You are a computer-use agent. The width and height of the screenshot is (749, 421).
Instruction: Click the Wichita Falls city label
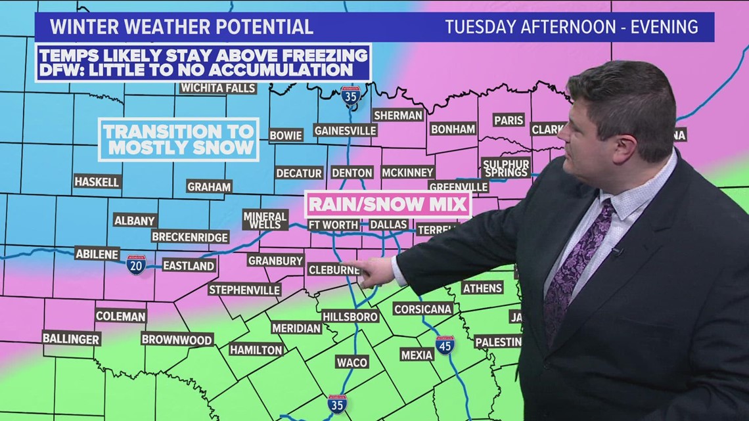click(x=218, y=88)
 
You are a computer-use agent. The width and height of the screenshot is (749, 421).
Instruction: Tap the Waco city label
click(x=352, y=362)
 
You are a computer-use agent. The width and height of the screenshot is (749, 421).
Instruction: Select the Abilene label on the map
click(x=97, y=253)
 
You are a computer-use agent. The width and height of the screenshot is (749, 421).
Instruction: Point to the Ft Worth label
click(x=334, y=225)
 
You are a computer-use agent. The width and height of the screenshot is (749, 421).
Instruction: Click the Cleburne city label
click(x=334, y=269)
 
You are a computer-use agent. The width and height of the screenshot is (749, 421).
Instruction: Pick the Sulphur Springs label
click(x=506, y=167)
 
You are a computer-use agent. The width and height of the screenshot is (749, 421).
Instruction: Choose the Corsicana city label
click(x=423, y=309)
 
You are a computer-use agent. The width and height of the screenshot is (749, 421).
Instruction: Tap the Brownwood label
click(x=177, y=340)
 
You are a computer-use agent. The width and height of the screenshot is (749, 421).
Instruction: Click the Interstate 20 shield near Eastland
click(x=136, y=265)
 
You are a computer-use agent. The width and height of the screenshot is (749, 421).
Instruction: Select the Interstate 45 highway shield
click(x=445, y=345)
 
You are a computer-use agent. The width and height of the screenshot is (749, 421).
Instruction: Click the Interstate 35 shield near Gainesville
click(x=350, y=96)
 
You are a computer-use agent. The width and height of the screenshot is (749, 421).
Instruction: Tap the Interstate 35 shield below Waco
click(x=337, y=404)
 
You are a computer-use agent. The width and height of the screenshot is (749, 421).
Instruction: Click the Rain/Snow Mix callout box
click(x=388, y=204)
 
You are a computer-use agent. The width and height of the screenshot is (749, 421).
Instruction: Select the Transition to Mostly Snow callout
click(x=179, y=139)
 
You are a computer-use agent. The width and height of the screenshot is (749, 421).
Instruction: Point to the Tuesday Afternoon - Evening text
click(x=572, y=27)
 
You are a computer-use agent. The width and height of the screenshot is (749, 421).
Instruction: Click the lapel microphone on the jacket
click(x=616, y=251)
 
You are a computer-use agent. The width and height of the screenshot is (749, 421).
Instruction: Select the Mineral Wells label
click(x=265, y=219)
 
